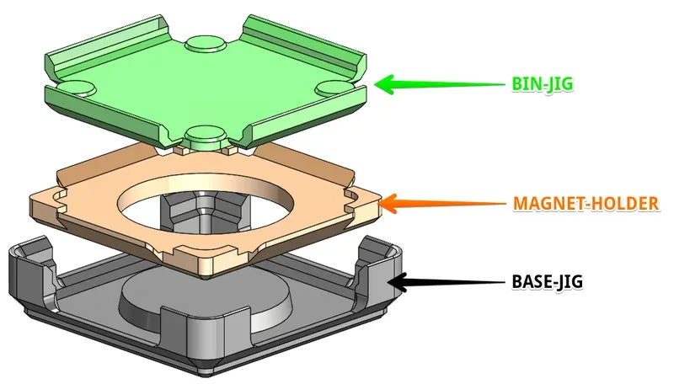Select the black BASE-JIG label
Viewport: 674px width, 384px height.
(x=547, y=280)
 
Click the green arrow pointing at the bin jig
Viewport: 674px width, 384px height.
(x=438, y=84)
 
